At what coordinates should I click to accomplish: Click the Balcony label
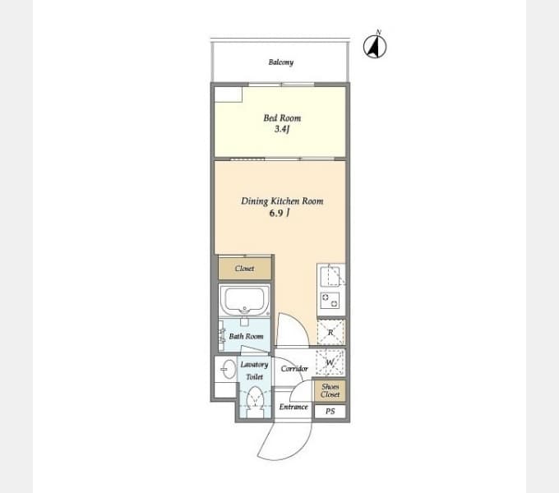281,62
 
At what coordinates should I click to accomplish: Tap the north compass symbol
375,46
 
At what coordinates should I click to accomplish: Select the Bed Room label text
282,117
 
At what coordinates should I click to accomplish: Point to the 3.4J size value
282,129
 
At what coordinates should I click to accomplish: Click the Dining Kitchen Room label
282,201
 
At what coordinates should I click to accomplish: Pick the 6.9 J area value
279,213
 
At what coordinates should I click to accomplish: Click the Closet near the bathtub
245,269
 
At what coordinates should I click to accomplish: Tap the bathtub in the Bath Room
245,300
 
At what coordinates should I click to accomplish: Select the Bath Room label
246,336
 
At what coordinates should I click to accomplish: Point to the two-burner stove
330,300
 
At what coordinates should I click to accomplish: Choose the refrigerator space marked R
330,332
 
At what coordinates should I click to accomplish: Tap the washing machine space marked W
330,362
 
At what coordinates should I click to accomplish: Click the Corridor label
294,369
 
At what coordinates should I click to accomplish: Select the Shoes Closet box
330,390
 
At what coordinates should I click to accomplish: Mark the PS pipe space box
330,412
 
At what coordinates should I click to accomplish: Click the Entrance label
293,407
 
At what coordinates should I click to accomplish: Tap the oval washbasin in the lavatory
228,369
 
